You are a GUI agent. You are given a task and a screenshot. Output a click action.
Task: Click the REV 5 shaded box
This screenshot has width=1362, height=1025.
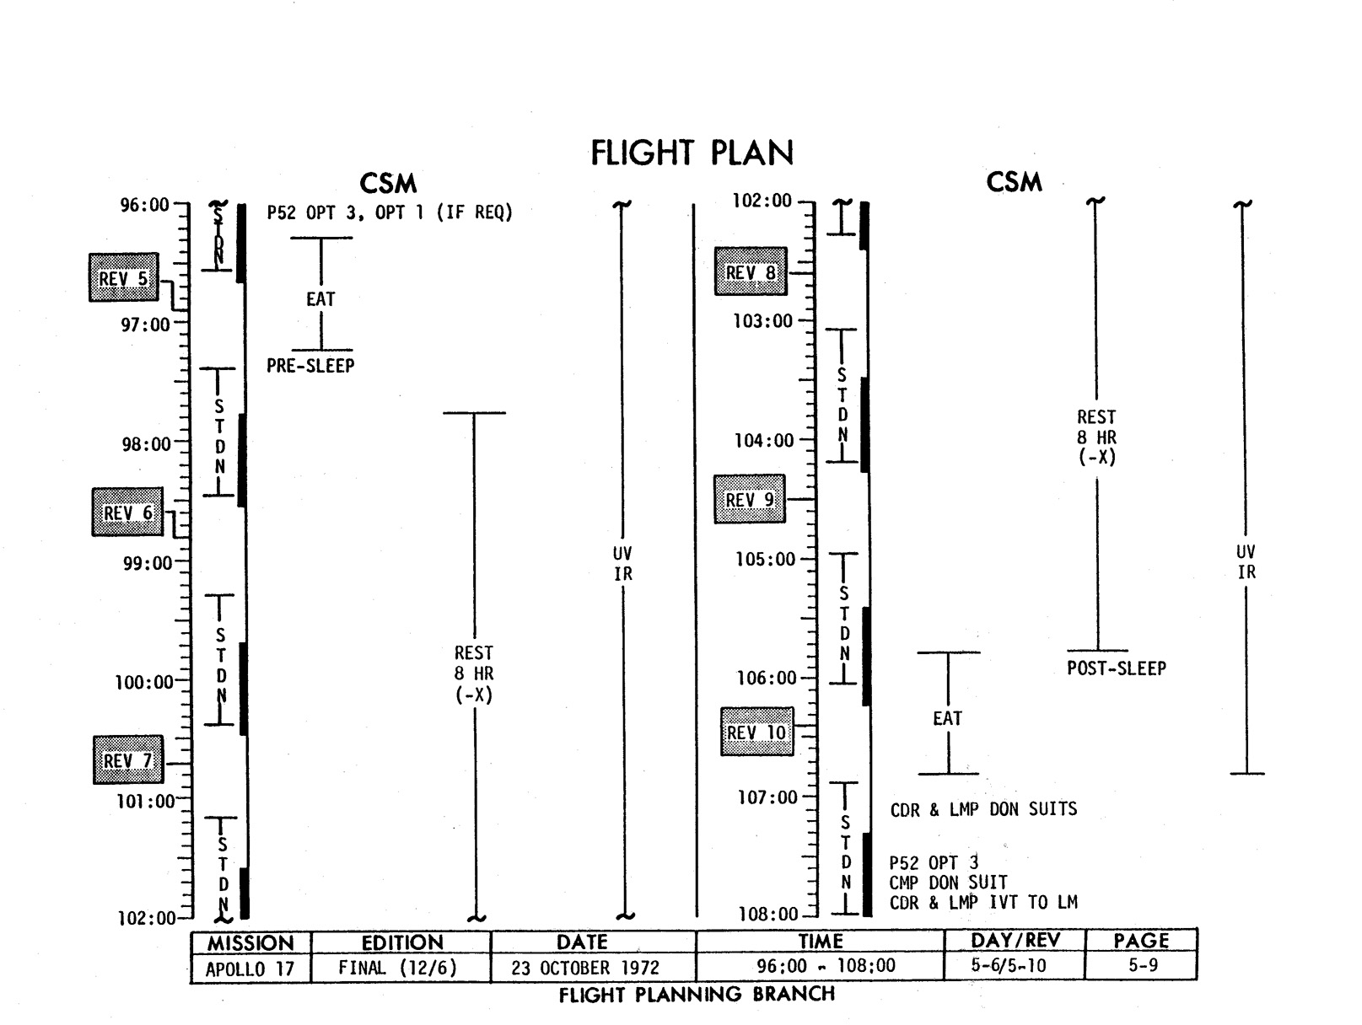(124, 277)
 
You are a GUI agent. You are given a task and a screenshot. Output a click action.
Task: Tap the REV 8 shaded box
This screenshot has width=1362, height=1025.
(751, 271)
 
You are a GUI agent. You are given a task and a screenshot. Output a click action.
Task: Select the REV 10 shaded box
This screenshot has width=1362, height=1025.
(756, 732)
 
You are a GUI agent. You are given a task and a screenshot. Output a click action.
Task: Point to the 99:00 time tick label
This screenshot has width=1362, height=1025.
(147, 563)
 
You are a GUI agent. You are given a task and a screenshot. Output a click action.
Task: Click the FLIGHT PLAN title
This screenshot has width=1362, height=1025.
(692, 153)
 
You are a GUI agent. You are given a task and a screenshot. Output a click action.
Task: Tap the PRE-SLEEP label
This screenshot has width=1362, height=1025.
(310, 366)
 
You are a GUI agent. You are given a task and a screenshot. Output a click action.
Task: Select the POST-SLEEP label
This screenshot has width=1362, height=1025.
(1116, 668)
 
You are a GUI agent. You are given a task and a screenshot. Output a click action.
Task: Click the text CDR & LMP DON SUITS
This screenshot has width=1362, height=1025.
(983, 809)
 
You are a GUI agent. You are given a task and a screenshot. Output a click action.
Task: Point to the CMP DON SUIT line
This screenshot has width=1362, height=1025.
(948, 883)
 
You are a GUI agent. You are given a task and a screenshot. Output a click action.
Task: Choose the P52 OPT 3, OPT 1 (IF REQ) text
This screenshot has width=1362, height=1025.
(390, 212)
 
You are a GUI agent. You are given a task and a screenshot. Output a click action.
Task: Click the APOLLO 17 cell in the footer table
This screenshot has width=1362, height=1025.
(250, 969)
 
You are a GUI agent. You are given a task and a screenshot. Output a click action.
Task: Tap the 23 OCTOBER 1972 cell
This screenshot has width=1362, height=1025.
(585, 968)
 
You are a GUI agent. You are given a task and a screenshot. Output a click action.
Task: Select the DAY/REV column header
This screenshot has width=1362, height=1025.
(1015, 941)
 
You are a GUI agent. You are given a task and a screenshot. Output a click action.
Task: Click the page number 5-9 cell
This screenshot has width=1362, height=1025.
(1143, 966)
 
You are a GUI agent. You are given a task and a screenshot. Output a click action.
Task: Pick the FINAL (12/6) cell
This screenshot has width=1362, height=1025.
(397, 968)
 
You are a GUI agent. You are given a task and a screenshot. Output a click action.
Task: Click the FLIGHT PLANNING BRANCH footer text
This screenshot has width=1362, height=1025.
(697, 995)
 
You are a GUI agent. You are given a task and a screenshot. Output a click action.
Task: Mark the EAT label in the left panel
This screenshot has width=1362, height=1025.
(320, 299)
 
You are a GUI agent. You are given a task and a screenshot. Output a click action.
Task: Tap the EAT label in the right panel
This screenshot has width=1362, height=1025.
(947, 718)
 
